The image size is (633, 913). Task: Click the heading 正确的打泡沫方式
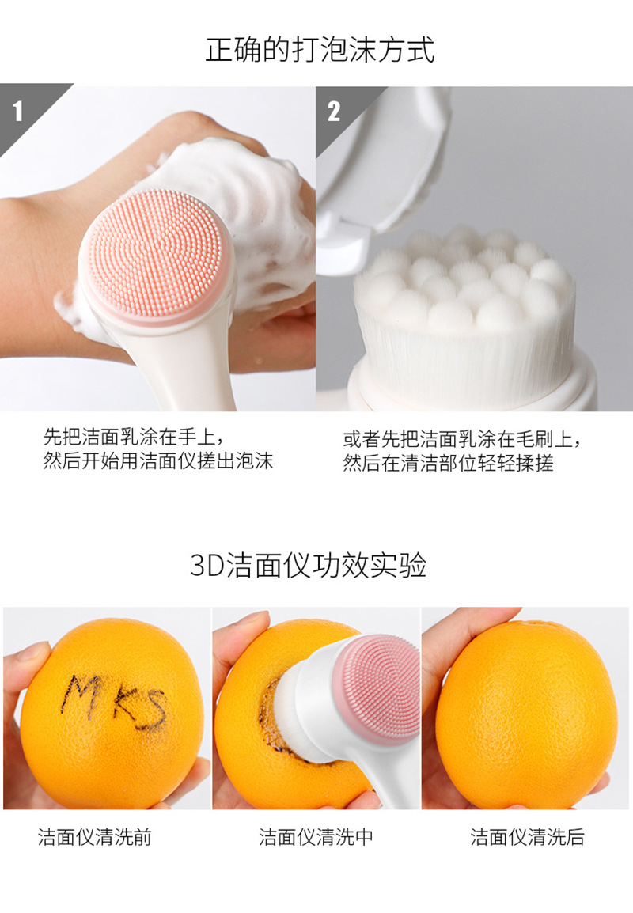[x=320, y=50]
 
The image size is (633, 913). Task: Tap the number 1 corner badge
[x=18, y=111]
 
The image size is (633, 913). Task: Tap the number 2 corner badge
[x=333, y=111]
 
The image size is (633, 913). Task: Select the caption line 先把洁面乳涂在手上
[x=135, y=438]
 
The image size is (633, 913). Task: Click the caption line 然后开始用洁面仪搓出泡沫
[x=157, y=462]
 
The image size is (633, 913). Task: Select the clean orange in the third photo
[x=526, y=712]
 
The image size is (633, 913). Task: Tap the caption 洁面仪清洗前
[x=94, y=838]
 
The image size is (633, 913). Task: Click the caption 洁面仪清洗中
[x=316, y=838]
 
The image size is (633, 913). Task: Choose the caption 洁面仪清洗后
[x=527, y=838]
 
